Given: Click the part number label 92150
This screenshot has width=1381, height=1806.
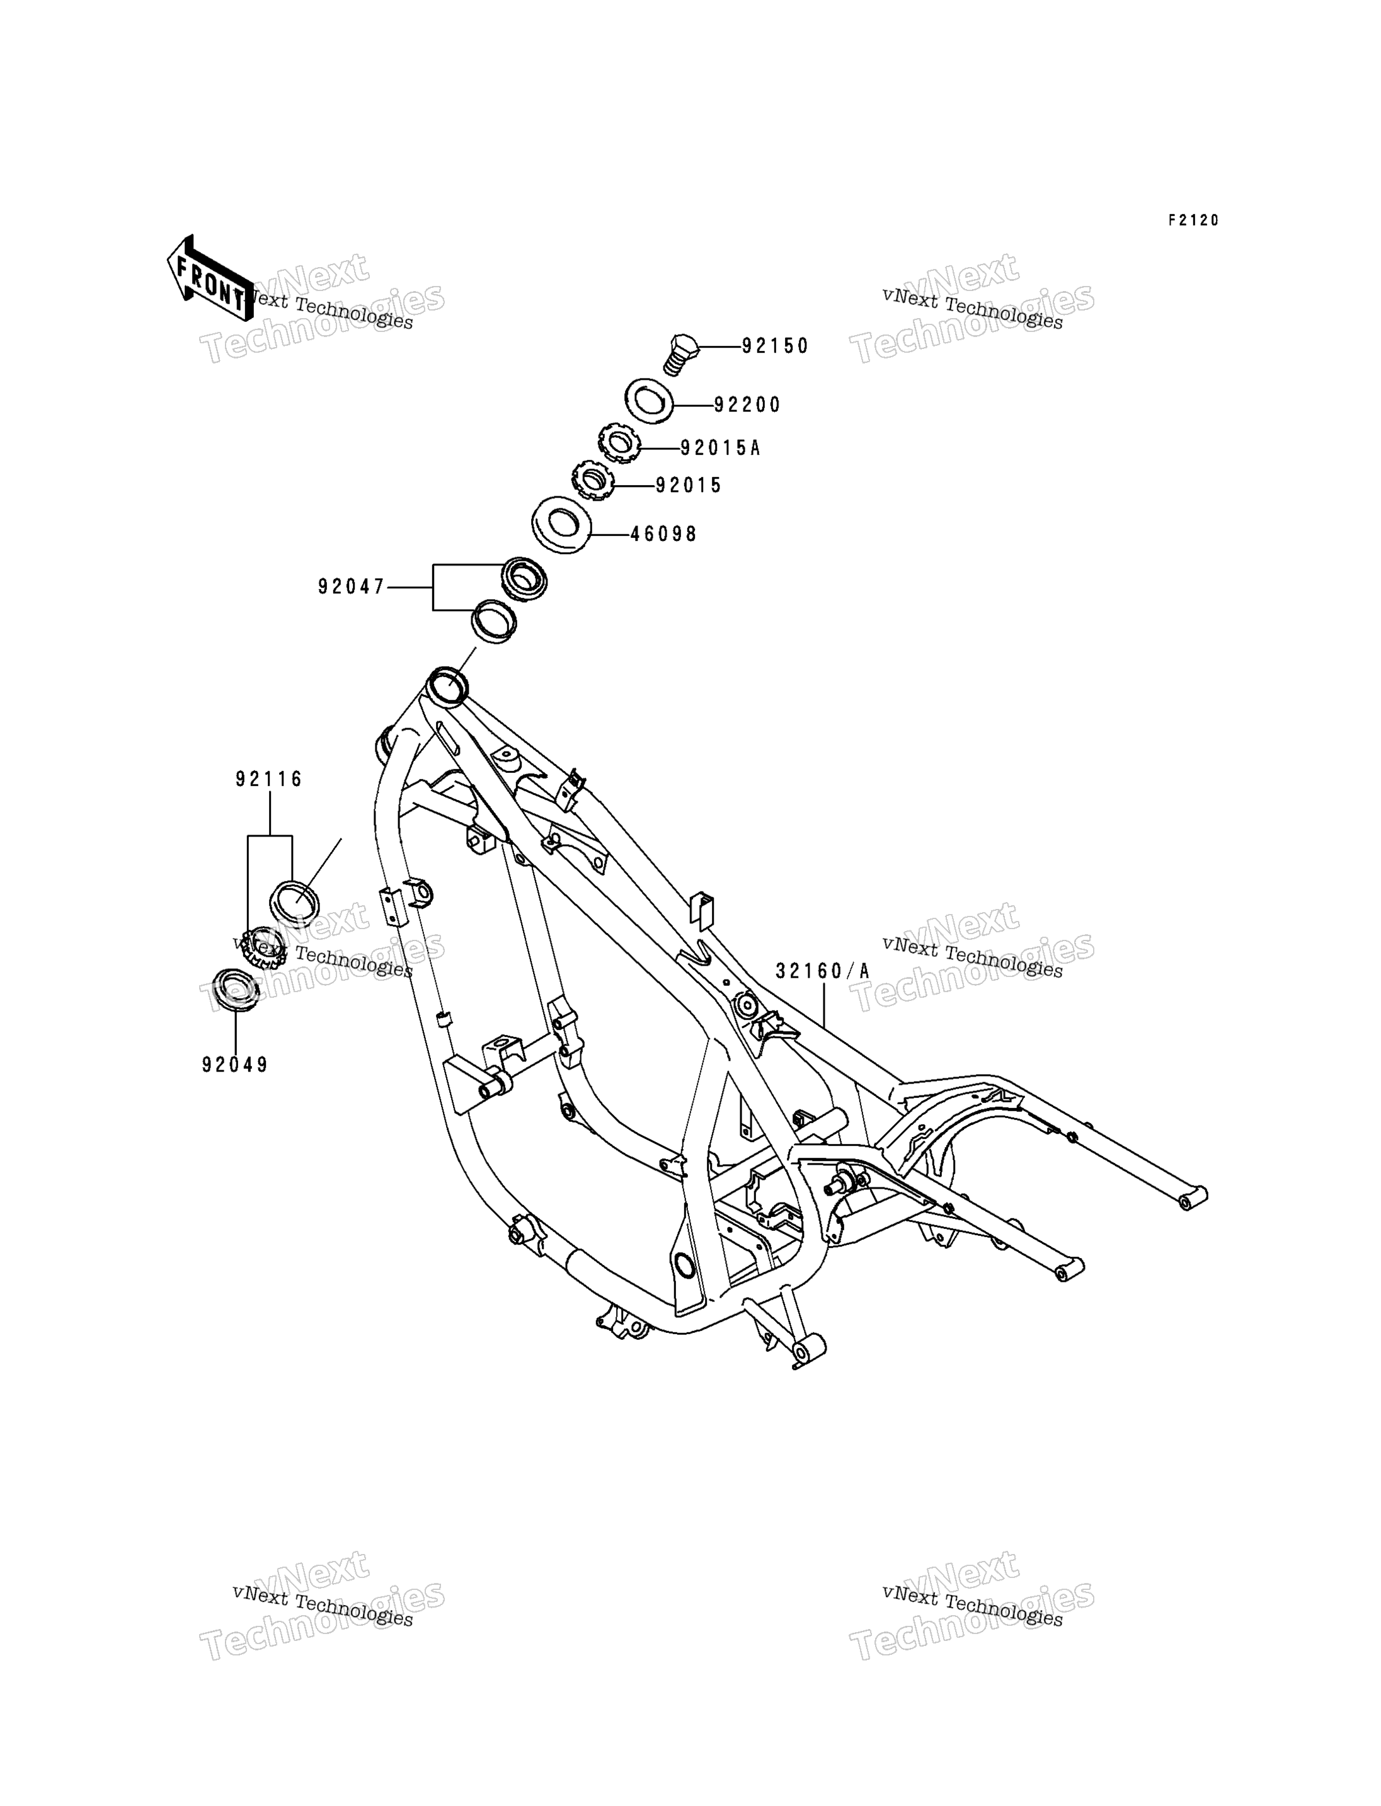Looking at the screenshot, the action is point(775,346).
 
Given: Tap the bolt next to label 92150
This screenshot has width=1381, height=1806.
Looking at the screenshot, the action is point(682,355).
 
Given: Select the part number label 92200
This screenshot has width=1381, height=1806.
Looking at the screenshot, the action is point(747,404).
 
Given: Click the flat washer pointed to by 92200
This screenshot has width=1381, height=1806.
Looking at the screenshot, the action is point(650,401).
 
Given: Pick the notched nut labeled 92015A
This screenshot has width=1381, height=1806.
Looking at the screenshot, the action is point(619,442).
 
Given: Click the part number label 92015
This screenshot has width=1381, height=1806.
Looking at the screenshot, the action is point(689,486).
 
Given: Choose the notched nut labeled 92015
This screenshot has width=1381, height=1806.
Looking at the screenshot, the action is point(593,479).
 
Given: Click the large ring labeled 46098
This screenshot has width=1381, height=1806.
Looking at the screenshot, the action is point(561,525).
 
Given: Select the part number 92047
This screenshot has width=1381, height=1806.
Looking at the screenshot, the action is point(352,587).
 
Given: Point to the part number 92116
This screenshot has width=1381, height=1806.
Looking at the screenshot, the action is point(270,779).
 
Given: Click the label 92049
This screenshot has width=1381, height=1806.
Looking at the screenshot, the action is point(235,1065).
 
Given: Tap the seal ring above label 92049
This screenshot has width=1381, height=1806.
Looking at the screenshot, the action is point(235,992).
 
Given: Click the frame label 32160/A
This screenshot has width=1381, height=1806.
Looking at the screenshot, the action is point(822,971).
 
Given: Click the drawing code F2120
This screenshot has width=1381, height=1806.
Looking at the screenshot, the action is point(1195,220).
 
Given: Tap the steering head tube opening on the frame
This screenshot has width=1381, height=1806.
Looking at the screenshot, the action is point(448,685).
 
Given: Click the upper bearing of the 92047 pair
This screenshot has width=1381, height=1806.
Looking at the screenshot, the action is point(524,579).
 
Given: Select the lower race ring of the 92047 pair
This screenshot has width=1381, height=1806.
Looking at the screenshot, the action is point(494,622).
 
